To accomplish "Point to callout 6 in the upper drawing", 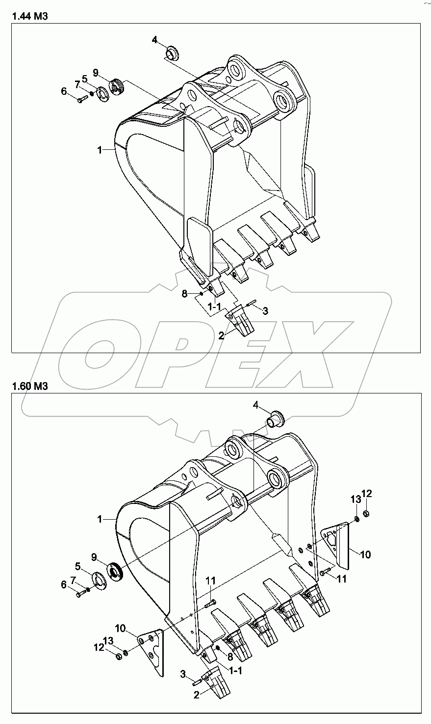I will [x=64, y=91].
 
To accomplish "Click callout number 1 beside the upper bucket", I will [x=100, y=150].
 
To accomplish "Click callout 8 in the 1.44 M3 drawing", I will [x=184, y=294].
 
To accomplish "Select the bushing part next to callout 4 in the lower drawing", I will [x=275, y=420].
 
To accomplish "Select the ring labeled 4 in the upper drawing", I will [x=172, y=51].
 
